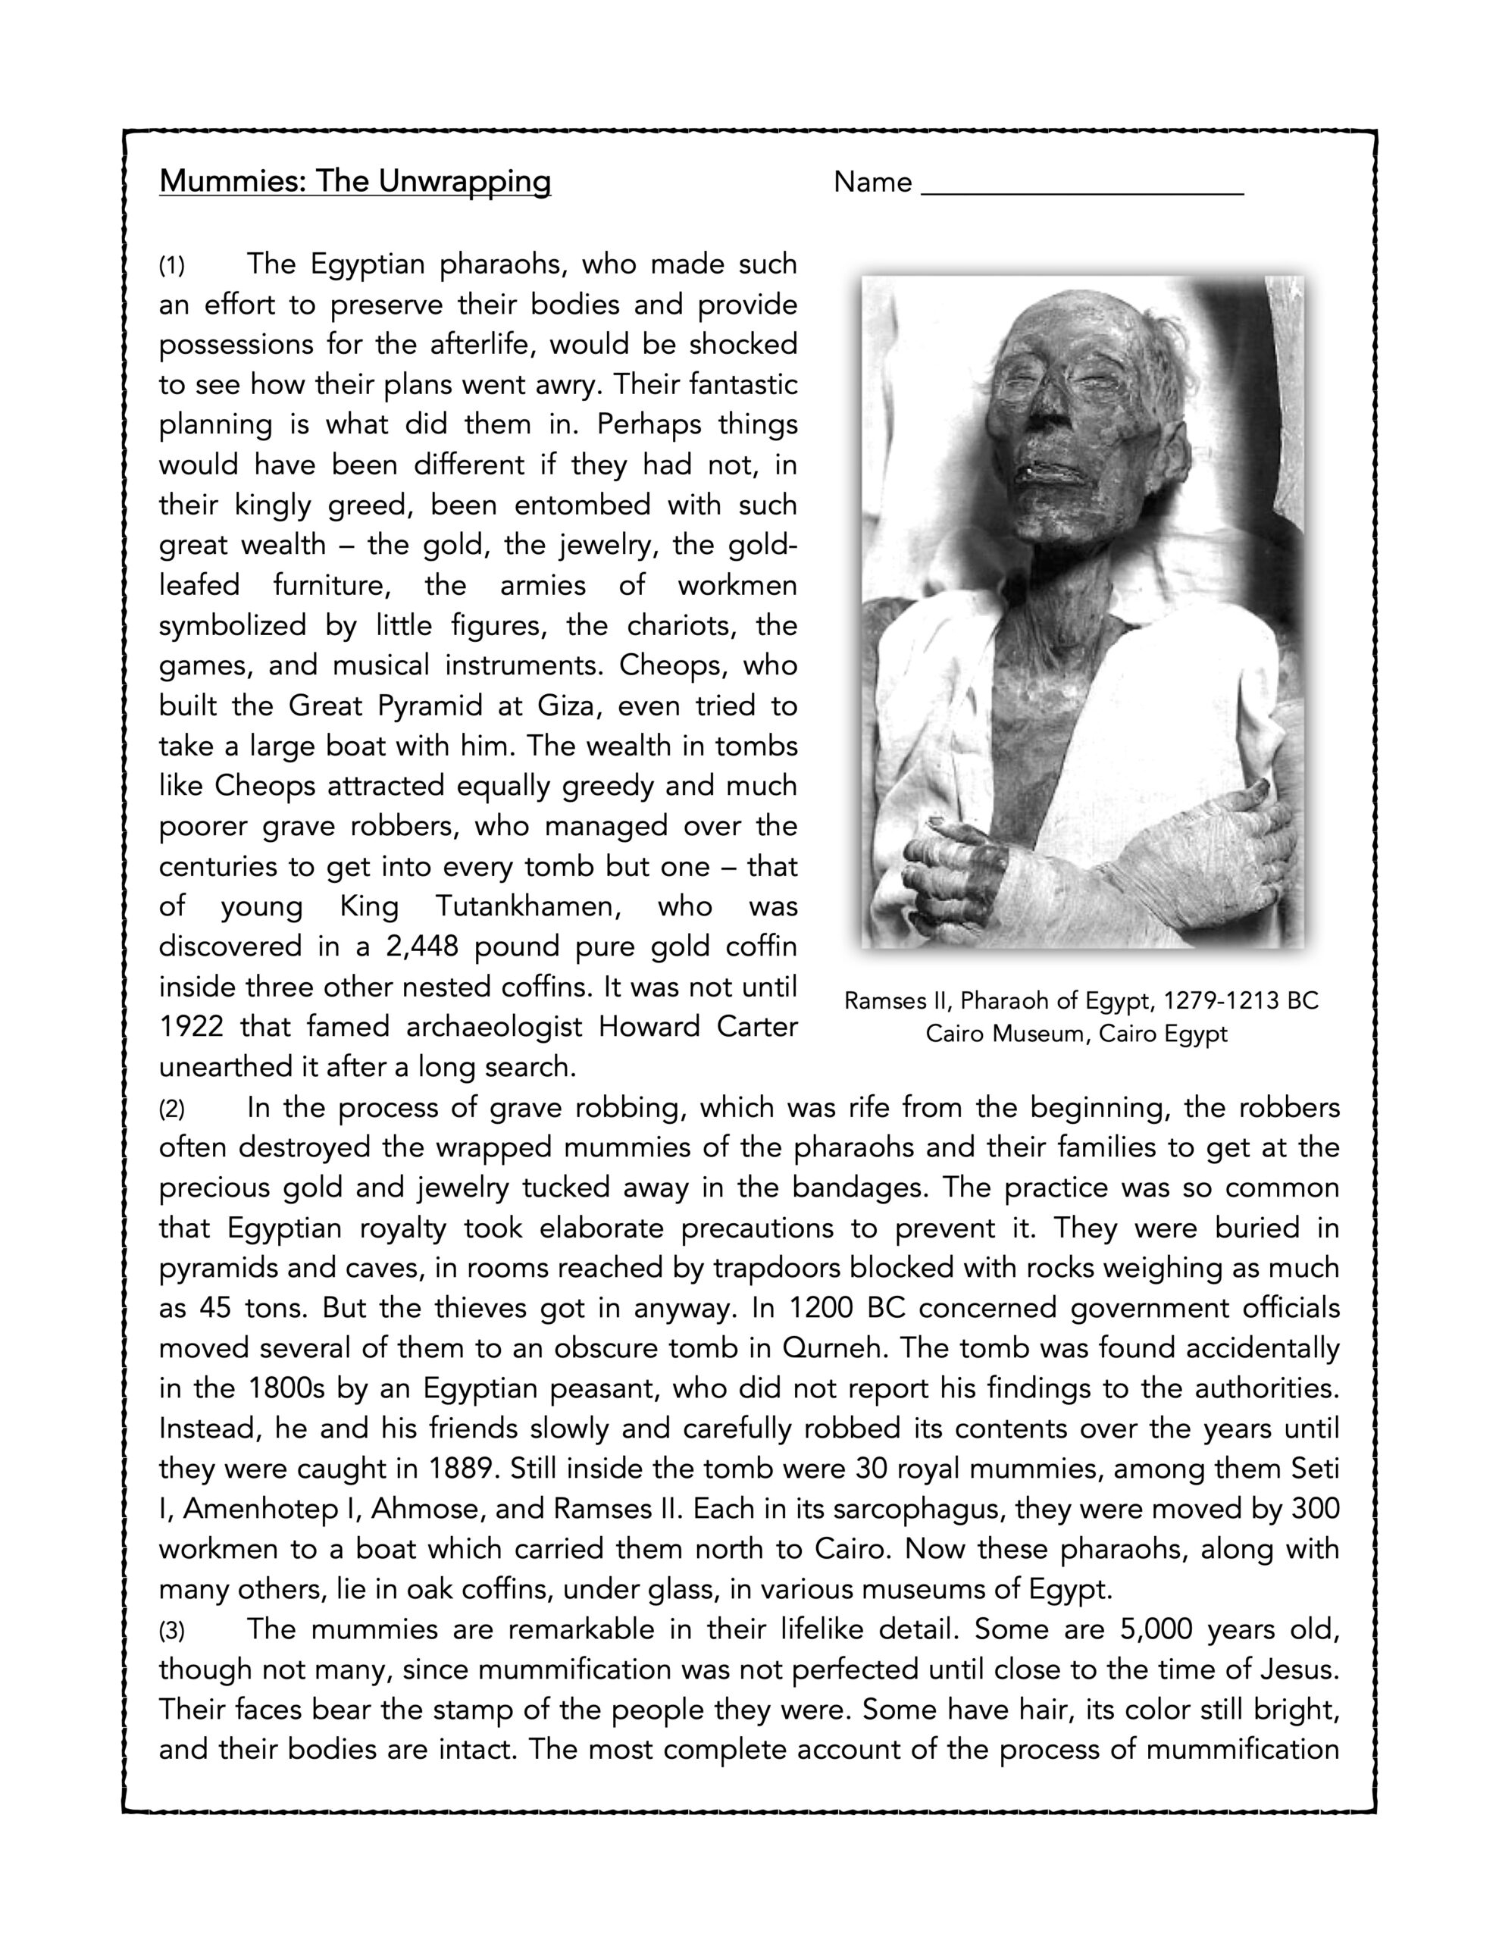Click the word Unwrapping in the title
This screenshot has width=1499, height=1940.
(465, 182)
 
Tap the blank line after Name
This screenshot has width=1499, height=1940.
(1082, 186)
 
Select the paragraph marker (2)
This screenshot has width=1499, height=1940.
(171, 1109)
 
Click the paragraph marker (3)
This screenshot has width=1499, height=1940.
(171, 1631)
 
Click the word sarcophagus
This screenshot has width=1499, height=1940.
(922, 1510)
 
